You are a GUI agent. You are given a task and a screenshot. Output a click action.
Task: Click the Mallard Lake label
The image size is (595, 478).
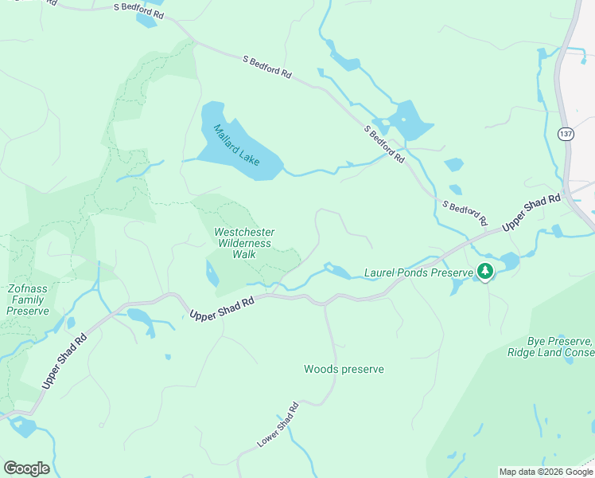237,144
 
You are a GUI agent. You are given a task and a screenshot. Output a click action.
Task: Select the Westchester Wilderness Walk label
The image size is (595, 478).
243,243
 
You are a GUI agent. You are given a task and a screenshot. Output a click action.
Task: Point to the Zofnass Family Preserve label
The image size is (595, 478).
28,300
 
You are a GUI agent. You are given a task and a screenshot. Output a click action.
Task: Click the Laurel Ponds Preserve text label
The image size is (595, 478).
418,272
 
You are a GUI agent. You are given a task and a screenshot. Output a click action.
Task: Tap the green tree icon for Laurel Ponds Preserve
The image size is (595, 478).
484,272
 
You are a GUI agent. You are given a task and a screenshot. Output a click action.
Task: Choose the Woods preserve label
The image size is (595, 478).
344,369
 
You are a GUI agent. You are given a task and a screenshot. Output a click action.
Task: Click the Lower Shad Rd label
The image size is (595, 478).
278,424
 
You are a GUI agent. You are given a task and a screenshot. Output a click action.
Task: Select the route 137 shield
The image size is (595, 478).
565,133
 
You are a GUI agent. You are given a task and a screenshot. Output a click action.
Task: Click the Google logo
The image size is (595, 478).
26,468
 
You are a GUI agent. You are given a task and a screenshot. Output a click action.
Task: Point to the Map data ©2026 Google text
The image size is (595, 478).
546,472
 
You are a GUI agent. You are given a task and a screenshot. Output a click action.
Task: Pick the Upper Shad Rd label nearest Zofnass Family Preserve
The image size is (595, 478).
64,361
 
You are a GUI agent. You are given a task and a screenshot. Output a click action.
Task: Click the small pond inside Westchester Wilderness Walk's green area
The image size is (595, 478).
212,275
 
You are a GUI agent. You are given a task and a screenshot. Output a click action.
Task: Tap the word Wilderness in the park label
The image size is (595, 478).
243,243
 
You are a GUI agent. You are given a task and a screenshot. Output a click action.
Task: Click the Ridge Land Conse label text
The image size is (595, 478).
550,351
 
